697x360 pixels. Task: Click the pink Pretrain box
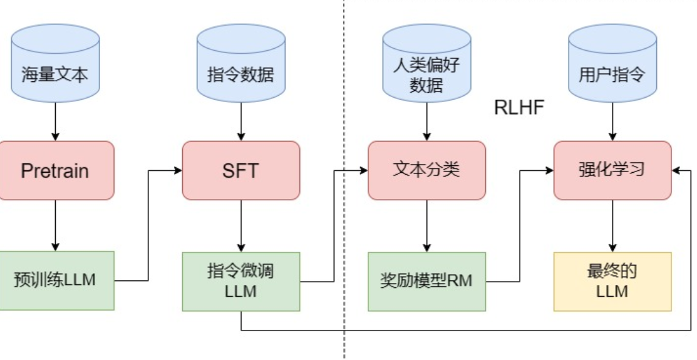coord(55,170)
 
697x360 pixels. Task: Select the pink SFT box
coord(240,170)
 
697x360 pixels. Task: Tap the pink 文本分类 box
coord(426,170)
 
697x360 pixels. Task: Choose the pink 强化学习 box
coord(612,170)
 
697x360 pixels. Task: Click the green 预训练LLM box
coord(55,280)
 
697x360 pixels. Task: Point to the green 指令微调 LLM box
coord(240,280)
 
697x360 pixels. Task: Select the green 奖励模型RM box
coord(426,280)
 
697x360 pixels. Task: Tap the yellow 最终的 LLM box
coord(612,280)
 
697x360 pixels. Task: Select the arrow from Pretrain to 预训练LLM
coord(55,225)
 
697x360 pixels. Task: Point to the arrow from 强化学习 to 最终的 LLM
coord(612,225)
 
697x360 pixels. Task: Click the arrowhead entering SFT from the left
coord(178,170)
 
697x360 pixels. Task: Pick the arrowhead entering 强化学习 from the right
coord(676,170)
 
